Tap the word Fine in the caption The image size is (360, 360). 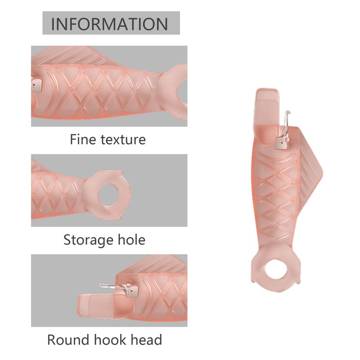(x=84, y=139)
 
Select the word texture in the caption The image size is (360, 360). (x=121, y=139)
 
